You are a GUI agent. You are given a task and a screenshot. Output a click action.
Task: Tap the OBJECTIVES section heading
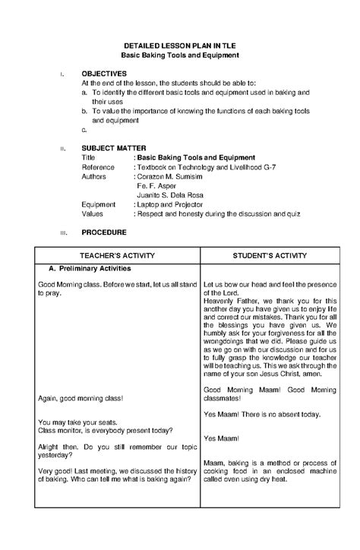point(104,73)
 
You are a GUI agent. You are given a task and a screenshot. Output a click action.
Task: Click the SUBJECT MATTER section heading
point(114,147)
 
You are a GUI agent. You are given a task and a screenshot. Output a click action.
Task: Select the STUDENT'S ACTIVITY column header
point(269,256)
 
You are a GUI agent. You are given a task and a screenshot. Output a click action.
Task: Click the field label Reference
point(99,166)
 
